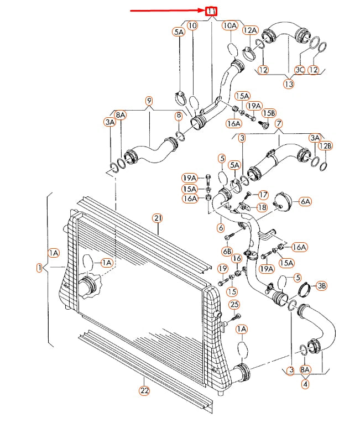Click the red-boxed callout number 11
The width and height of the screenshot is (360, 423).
[x=211, y=11]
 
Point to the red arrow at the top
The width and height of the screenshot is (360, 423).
[x=166, y=11]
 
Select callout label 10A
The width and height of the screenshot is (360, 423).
[x=229, y=25]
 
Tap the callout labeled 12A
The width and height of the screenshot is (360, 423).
[x=250, y=30]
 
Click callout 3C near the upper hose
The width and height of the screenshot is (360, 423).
[x=299, y=70]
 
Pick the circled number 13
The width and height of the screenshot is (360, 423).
[x=289, y=84]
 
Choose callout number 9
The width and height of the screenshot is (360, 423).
[x=149, y=101]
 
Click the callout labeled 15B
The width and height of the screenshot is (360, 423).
[x=268, y=113]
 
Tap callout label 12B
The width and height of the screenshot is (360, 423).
[x=327, y=145]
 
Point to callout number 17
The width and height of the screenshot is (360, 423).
[x=263, y=195]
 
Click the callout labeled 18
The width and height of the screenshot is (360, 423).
[x=262, y=207]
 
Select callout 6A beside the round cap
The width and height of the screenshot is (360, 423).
[x=305, y=202]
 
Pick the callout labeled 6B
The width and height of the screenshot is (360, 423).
[x=227, y=251]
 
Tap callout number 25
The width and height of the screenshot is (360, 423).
[x=234, y=305]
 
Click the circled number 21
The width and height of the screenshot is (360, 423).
[x=158, y=218]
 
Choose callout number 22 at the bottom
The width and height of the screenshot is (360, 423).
[x=144, y=390]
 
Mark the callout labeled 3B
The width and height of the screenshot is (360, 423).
[x=321, y=286]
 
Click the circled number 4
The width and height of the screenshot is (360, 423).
[x=306, y=382]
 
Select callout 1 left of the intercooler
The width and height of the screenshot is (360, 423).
[x=39, y=268]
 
